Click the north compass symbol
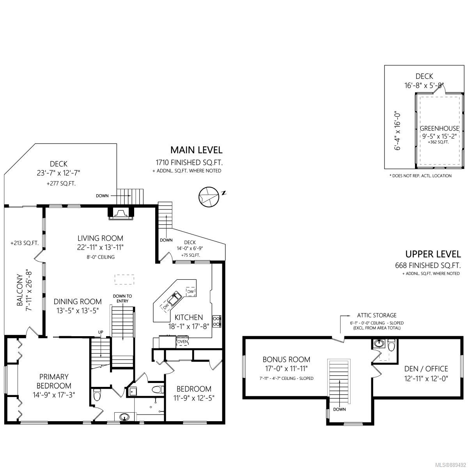tap(209, 197)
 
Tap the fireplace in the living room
tap(121, 213)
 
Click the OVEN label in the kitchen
tap(183, 342)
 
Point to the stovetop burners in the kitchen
tap(216, 321)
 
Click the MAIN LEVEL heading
tap(196, 150)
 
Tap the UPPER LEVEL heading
tap(433, 254)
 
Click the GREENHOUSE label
tap(440, 128)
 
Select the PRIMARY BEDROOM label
tap(54, 381)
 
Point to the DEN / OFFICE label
tap(426, 369)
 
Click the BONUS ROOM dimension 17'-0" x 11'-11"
tap(286, 369)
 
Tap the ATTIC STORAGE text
tap(377, 316)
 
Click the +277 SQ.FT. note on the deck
tap(61, 184)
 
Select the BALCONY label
tap(19, 290)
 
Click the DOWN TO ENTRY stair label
tap(122, 298)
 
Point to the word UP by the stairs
tap(101, 332)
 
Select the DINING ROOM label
tap(78, 301)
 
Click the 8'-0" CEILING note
tap(101, 257)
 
